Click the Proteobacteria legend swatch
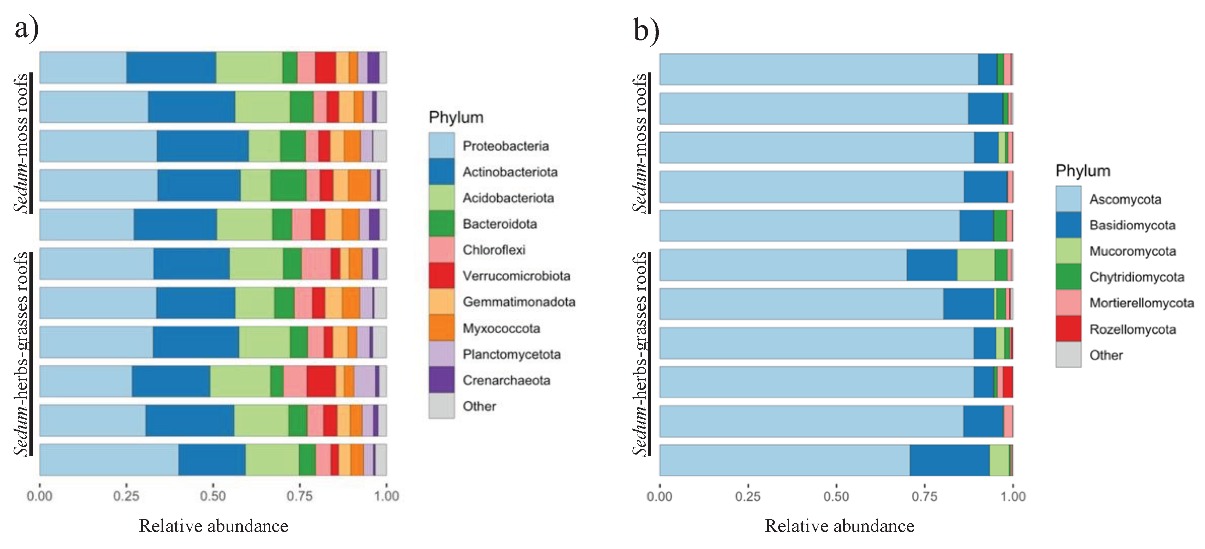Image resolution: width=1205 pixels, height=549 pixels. click(x=441, y=146)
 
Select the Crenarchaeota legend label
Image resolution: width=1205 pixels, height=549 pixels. click(x=506, y=380)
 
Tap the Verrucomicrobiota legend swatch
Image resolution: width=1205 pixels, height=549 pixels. click(x=441, y=276)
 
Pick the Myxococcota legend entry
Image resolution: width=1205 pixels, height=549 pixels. click(x=501, y=328)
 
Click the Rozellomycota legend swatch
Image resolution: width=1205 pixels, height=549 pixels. click(x=1068, y=329)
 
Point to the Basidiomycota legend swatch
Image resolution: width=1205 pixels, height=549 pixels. click(x=1068, y=225)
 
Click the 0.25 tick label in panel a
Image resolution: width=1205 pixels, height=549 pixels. click(x=126, y=496)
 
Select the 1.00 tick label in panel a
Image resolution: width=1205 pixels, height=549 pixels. click(x=386, y=496)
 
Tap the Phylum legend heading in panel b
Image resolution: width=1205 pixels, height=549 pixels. click(x=1082, y=171)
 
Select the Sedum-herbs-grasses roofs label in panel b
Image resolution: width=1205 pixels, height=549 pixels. click(x=640, y=354)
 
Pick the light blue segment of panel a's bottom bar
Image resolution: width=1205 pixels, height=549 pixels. click(x=108, y=460)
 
